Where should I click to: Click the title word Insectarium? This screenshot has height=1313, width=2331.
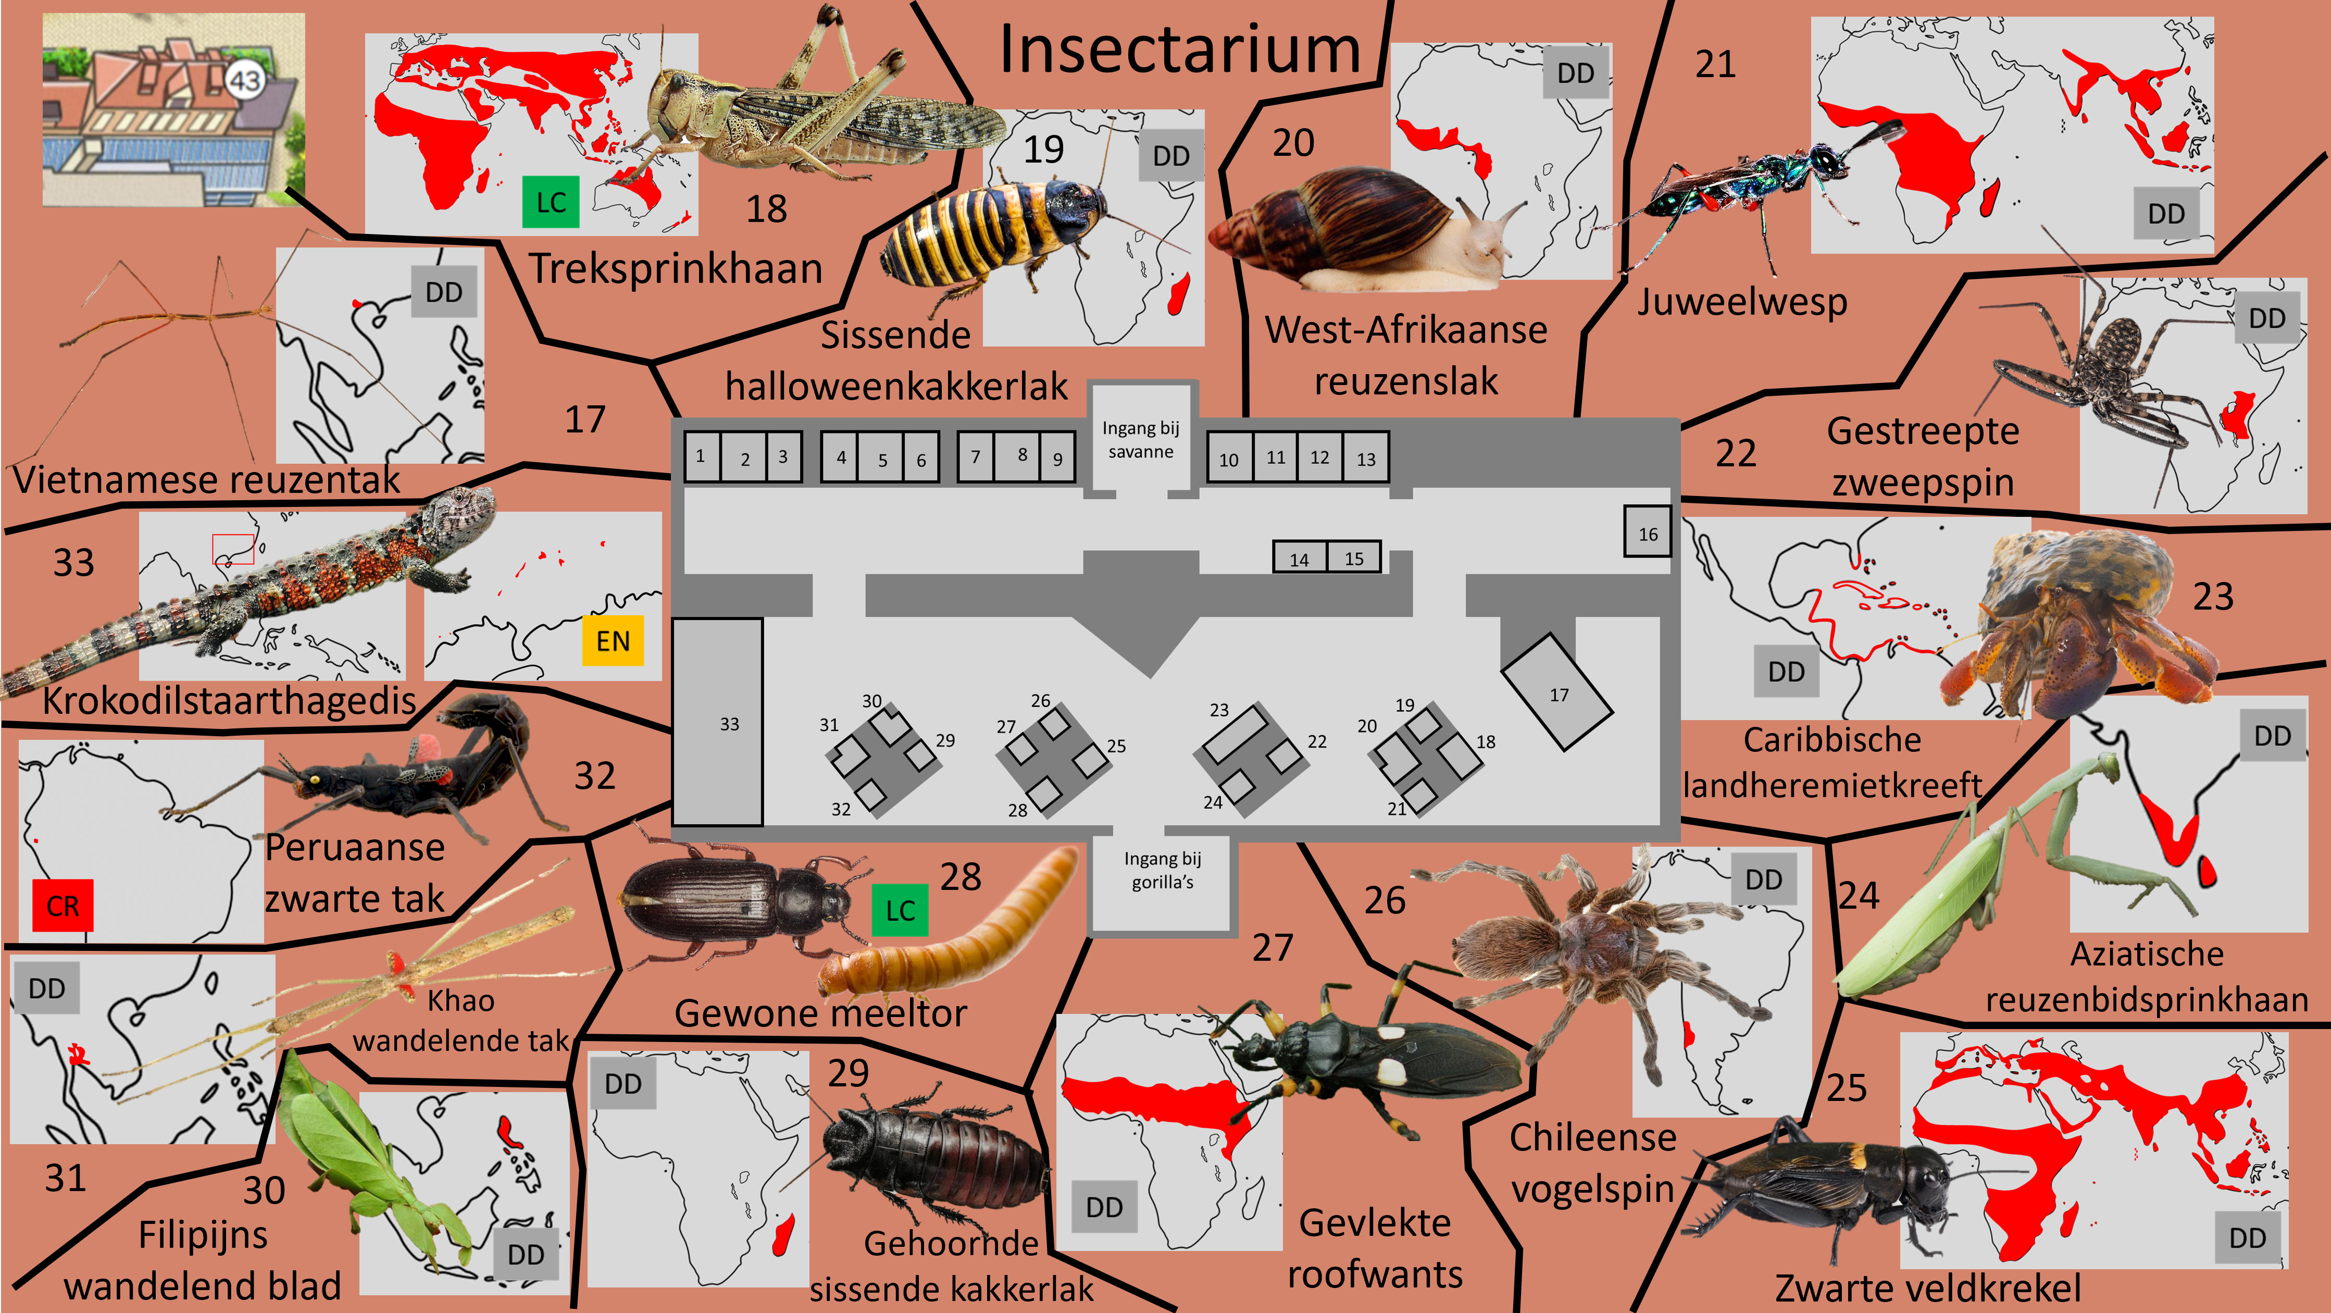[x=1179, y=50]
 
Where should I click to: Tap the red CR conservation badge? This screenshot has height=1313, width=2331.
[x=63, y=905]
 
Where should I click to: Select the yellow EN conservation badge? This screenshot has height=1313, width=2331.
[x=613, y=641]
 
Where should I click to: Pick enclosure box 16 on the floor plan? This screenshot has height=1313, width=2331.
[x=1647, y=533]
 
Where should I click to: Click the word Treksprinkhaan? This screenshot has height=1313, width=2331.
[x=676, y=269]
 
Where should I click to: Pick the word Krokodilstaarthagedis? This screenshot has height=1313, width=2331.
[x=230, y=700]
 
